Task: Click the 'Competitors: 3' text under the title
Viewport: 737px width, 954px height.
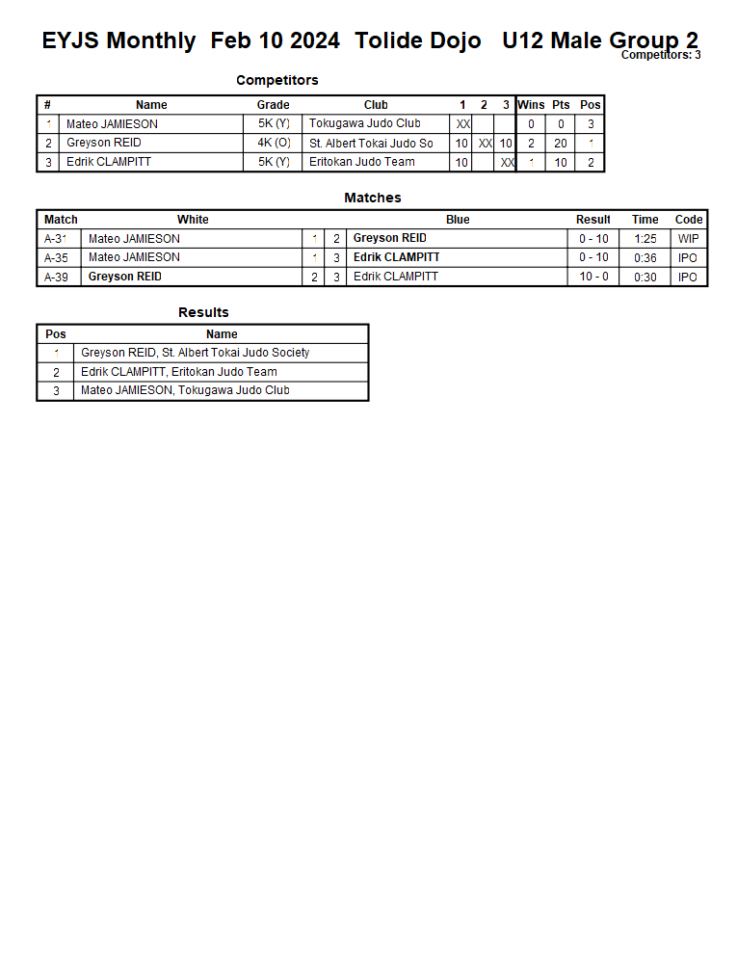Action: (660, 55)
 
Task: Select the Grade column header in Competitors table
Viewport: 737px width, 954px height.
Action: (273, 105)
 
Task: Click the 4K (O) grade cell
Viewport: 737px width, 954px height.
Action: (273, 143)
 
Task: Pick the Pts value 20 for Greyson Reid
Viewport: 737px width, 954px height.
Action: (561, 143)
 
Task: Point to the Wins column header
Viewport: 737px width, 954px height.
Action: (531, 105)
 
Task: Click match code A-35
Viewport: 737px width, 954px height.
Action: (56, 257)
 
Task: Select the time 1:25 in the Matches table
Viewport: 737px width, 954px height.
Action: (645, 238)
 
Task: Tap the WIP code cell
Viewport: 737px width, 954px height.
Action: (688, 238)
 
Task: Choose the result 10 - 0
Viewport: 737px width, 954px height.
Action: (592, 277)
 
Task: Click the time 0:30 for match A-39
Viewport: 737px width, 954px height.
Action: (645, 277)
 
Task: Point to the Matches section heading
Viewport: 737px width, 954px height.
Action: (372, 198)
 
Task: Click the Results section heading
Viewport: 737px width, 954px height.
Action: (203, 312)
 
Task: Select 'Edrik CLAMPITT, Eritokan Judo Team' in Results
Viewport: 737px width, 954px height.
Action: (179, 372)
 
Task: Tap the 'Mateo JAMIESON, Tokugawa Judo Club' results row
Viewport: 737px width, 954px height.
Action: (185, 390)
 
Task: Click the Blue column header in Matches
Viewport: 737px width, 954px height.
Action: (458, 220)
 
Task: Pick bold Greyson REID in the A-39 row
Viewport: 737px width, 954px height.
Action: (125, 277)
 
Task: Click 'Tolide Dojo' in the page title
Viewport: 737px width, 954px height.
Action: (417, 41)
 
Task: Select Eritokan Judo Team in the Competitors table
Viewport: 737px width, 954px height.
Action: (362, 162)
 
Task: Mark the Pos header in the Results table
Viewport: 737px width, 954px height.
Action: (56, 334)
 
